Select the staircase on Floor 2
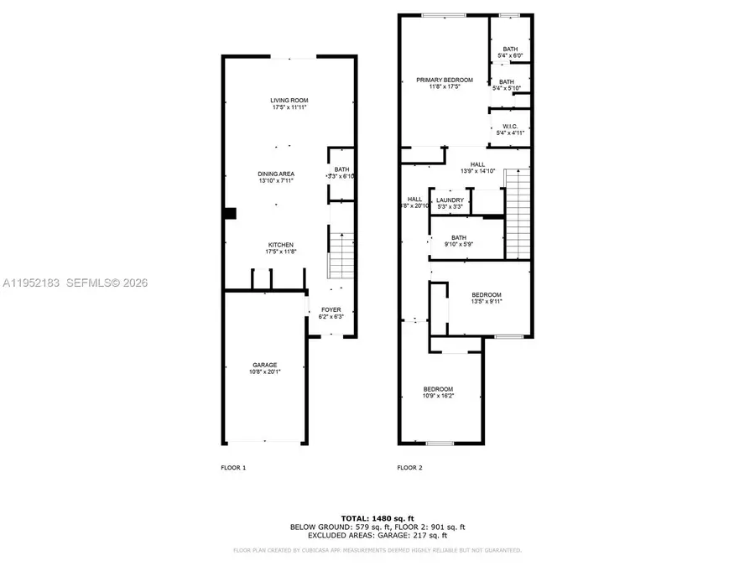tap(518, 214)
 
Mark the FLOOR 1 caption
tap(232, 467)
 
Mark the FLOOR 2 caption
tap(409, 467)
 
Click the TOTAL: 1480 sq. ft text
tap(377, 517)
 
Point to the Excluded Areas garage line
tap(377, 535)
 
